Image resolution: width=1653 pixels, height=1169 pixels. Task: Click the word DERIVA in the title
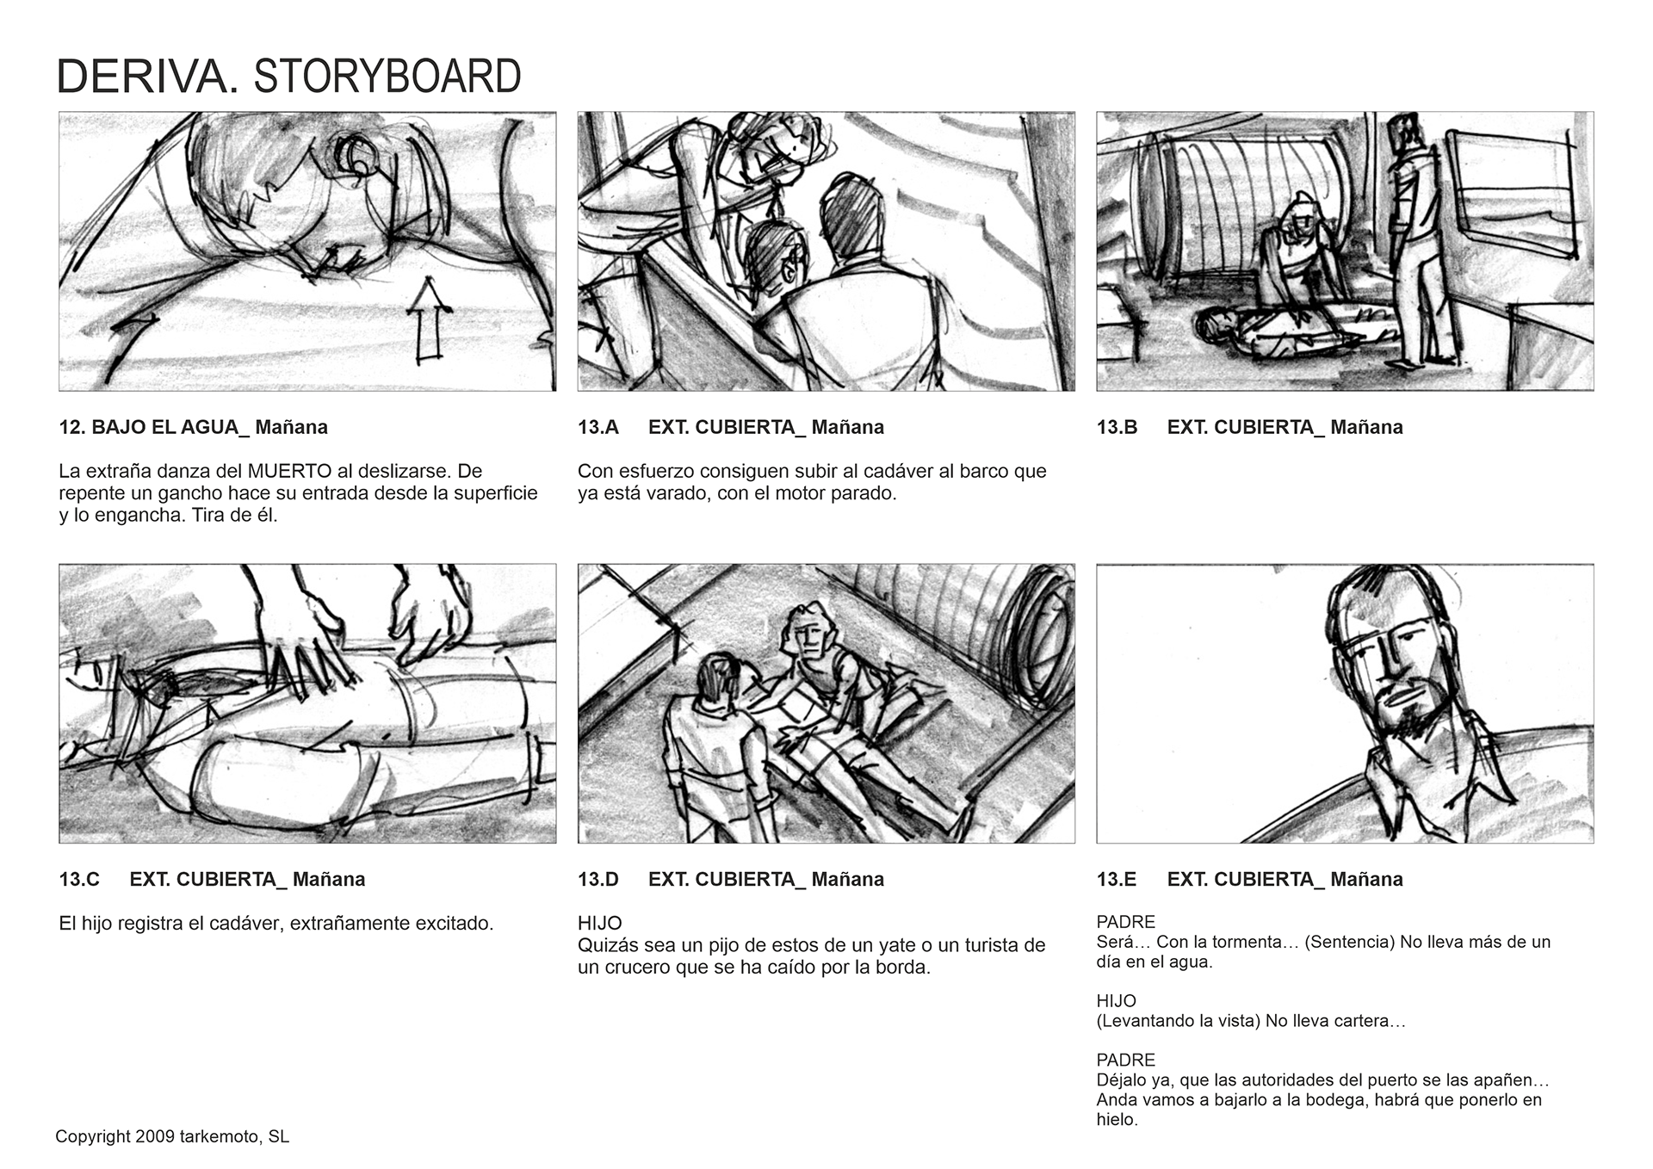coord(148,77)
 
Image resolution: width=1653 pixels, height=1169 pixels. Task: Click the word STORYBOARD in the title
coord(387,77)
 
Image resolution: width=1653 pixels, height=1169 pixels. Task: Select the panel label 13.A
coord(598,427)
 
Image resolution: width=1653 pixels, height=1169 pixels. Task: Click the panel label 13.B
coord(1117,427)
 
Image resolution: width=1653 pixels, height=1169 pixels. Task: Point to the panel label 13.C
coord(80,879)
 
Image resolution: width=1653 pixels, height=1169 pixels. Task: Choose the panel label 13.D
coord(598,879)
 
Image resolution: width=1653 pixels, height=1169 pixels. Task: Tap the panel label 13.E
coord(1117,879)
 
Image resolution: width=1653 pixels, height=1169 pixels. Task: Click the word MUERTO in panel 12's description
coord(289,471)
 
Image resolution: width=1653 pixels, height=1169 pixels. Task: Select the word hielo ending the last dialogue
coord(1117,1120)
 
